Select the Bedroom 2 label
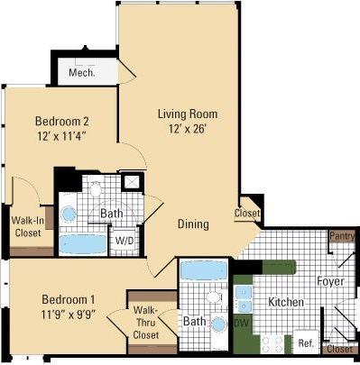pyautogui.click(x=62, y=121)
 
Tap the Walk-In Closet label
pyautogui.click(x=33, y=226)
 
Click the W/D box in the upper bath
pyautogui.click(x=124, y=241)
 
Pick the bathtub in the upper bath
pyautogui.click(x=82, y=243)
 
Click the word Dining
pyautogui.click(x=193, y=224)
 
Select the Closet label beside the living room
pyautogui.click(x=246, y=214)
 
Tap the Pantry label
pyautogui.click(x=341, y=236)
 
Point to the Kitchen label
pyautogui.click(x=285, y=302)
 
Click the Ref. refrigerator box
pyautogui.click(x=304, y=343)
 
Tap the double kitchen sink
pyautogui.click(x=242, y=297)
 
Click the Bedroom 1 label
pyautogui.click(x=68, y=298)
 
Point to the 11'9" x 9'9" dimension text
pyautogui.click(x=68, y=315)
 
